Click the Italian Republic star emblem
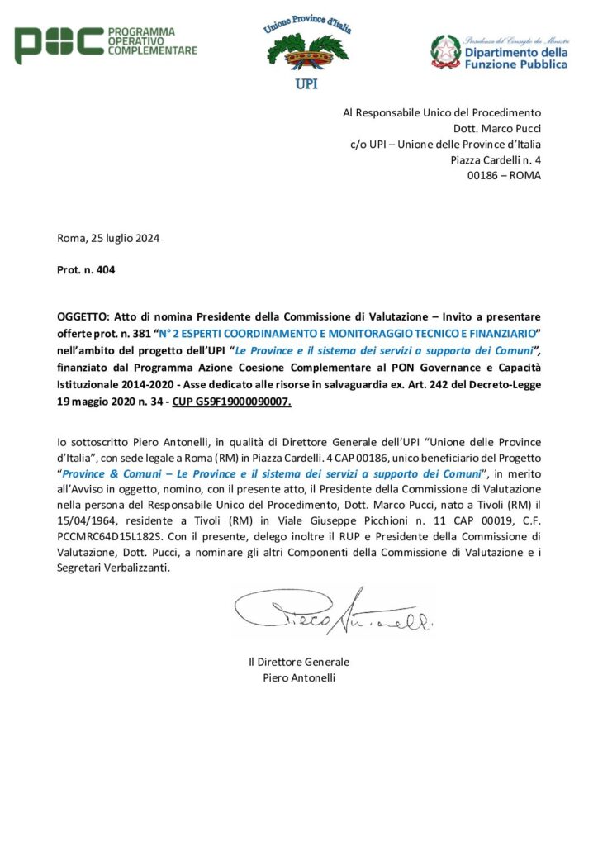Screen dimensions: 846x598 [446, 51]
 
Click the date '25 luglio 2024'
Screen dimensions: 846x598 [124, 239]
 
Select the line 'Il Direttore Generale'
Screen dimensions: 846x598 [299, 662]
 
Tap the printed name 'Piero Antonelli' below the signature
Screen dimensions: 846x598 [299, 678]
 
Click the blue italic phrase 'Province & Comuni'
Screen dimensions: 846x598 [108, 473]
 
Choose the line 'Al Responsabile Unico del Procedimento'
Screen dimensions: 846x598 [442, 112]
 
